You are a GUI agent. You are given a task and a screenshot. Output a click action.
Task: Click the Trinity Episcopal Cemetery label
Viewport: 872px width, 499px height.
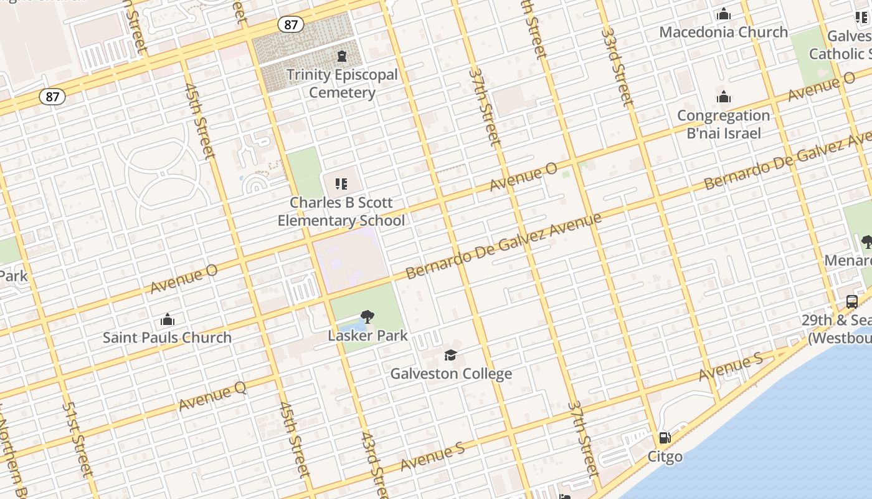point(341,84)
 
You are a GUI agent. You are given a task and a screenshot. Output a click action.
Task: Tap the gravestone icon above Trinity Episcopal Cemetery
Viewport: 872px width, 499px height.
point(341,57)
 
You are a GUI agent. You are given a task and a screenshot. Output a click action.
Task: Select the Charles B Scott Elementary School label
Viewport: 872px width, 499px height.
point(341,211)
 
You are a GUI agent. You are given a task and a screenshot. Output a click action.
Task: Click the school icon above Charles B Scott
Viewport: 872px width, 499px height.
point(341,183)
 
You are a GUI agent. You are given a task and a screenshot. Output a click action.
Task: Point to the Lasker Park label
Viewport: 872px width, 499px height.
point(367,336)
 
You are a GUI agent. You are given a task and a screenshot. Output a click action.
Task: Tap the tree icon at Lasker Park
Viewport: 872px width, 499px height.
point(367,317)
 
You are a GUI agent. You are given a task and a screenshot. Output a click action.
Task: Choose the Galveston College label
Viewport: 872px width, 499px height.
point(451,374)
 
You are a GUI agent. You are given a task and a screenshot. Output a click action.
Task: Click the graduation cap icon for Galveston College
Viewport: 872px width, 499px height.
point(450,356)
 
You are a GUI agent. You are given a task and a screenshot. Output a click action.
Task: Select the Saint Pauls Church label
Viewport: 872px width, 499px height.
point(167,337)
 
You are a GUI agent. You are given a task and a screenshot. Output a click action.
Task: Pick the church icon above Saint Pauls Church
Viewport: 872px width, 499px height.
point(167,320)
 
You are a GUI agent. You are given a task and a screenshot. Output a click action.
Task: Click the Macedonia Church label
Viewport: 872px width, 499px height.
point(723,32)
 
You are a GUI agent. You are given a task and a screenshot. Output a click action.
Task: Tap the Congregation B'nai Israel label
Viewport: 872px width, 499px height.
point(723,124)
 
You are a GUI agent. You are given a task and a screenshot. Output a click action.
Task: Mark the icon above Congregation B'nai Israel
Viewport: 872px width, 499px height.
point(723,97)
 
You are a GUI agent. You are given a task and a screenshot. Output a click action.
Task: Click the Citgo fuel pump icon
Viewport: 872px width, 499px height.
point(665,438)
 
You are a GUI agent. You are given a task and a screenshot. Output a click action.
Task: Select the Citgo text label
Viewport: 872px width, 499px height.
point(665,457)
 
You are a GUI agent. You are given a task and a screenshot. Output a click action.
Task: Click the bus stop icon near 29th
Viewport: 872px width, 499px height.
point(852,302)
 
